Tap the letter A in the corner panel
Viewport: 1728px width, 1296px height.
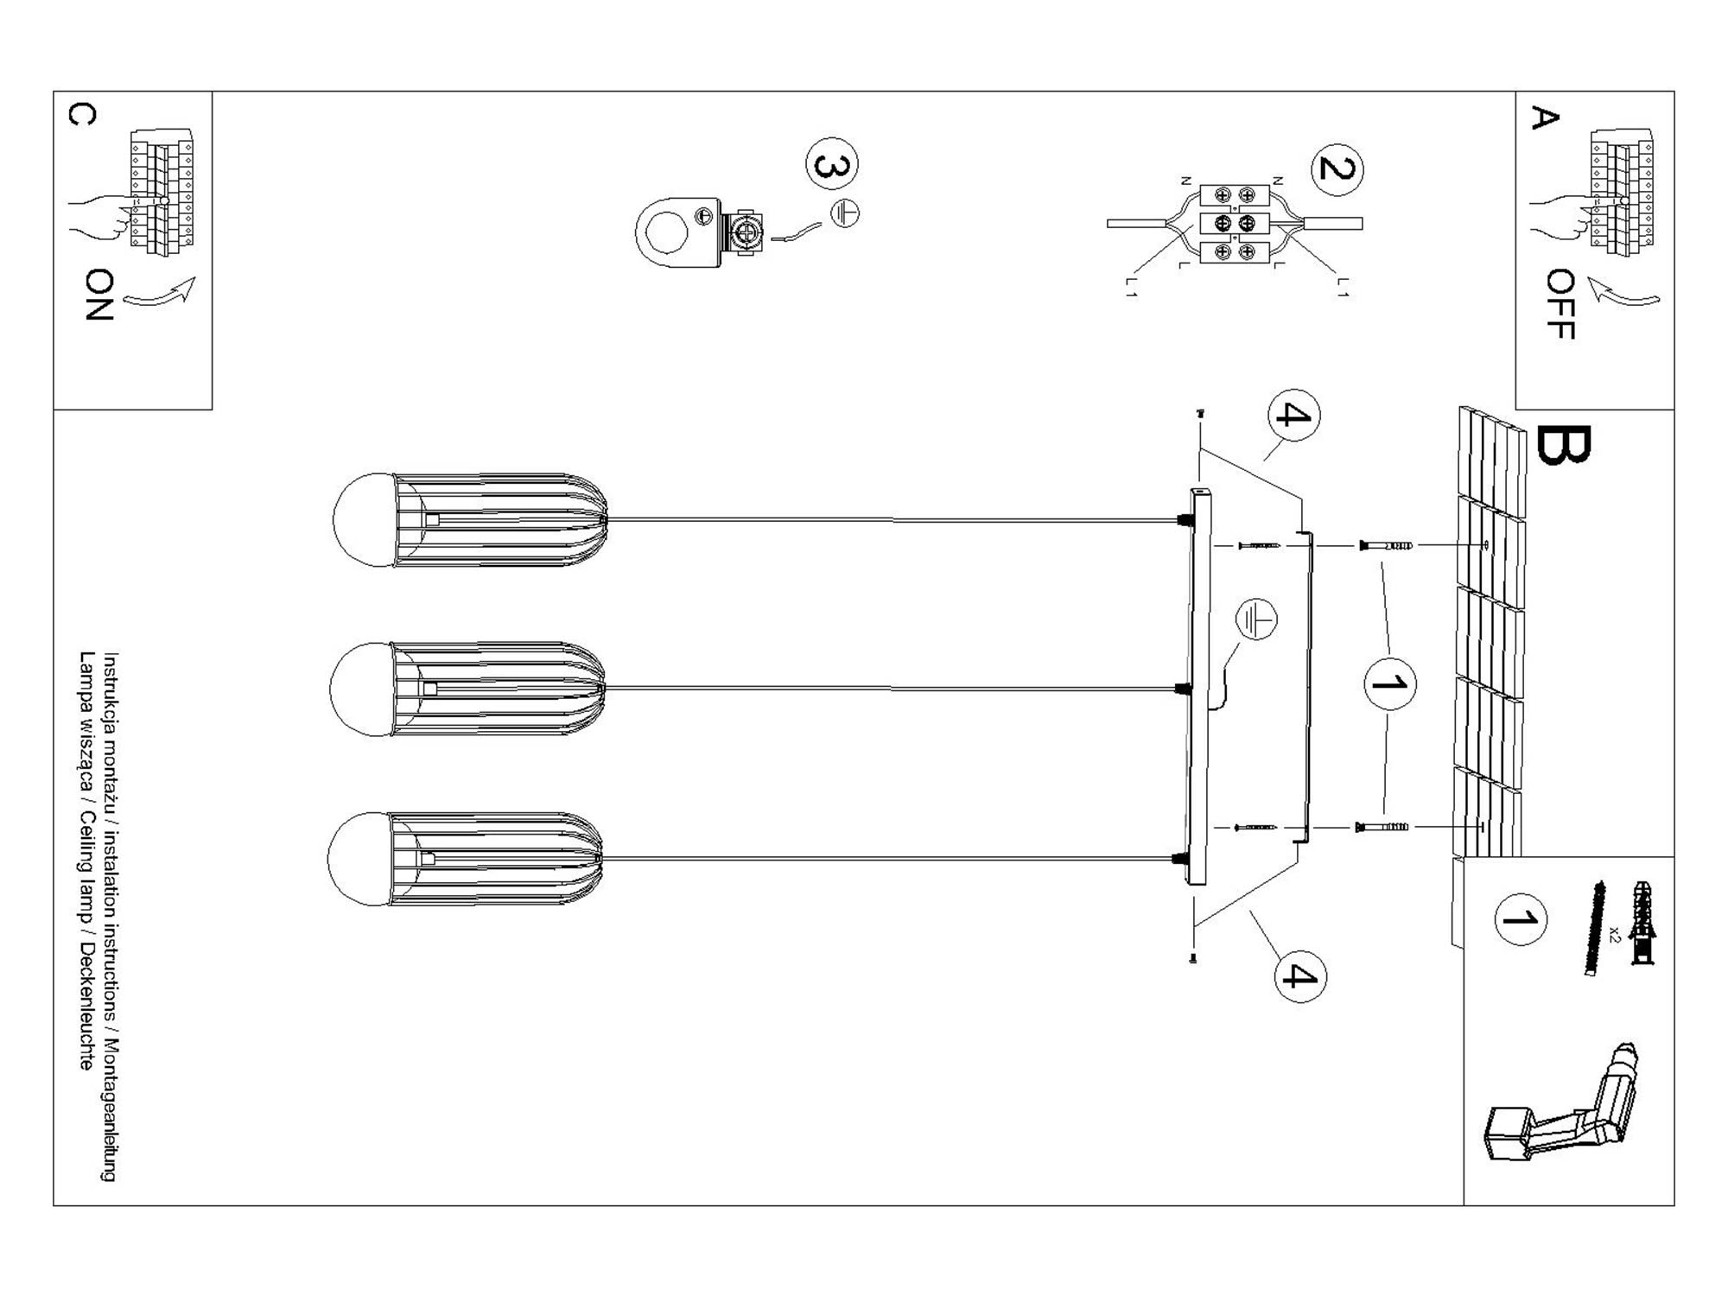click(x=1544, y=118)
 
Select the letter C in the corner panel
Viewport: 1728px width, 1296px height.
click(x=82, y=115)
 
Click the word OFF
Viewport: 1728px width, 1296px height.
click(x=1560, y=304)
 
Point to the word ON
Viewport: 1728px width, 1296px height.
click(x=100, y=295)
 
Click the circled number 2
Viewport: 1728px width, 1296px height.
click(x=1337, y=169)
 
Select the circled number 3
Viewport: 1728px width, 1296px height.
click(x=832, y=163)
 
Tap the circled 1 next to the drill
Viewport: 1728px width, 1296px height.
click(x=1520, y=918)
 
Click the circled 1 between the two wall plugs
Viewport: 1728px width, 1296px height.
click(x=1389, y=684)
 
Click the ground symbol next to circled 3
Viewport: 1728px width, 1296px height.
click(x=845, y=213)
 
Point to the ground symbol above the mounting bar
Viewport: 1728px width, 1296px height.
click(x=1255, y=619)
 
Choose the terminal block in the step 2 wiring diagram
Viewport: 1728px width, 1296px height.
click(x=1235, y=224)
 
